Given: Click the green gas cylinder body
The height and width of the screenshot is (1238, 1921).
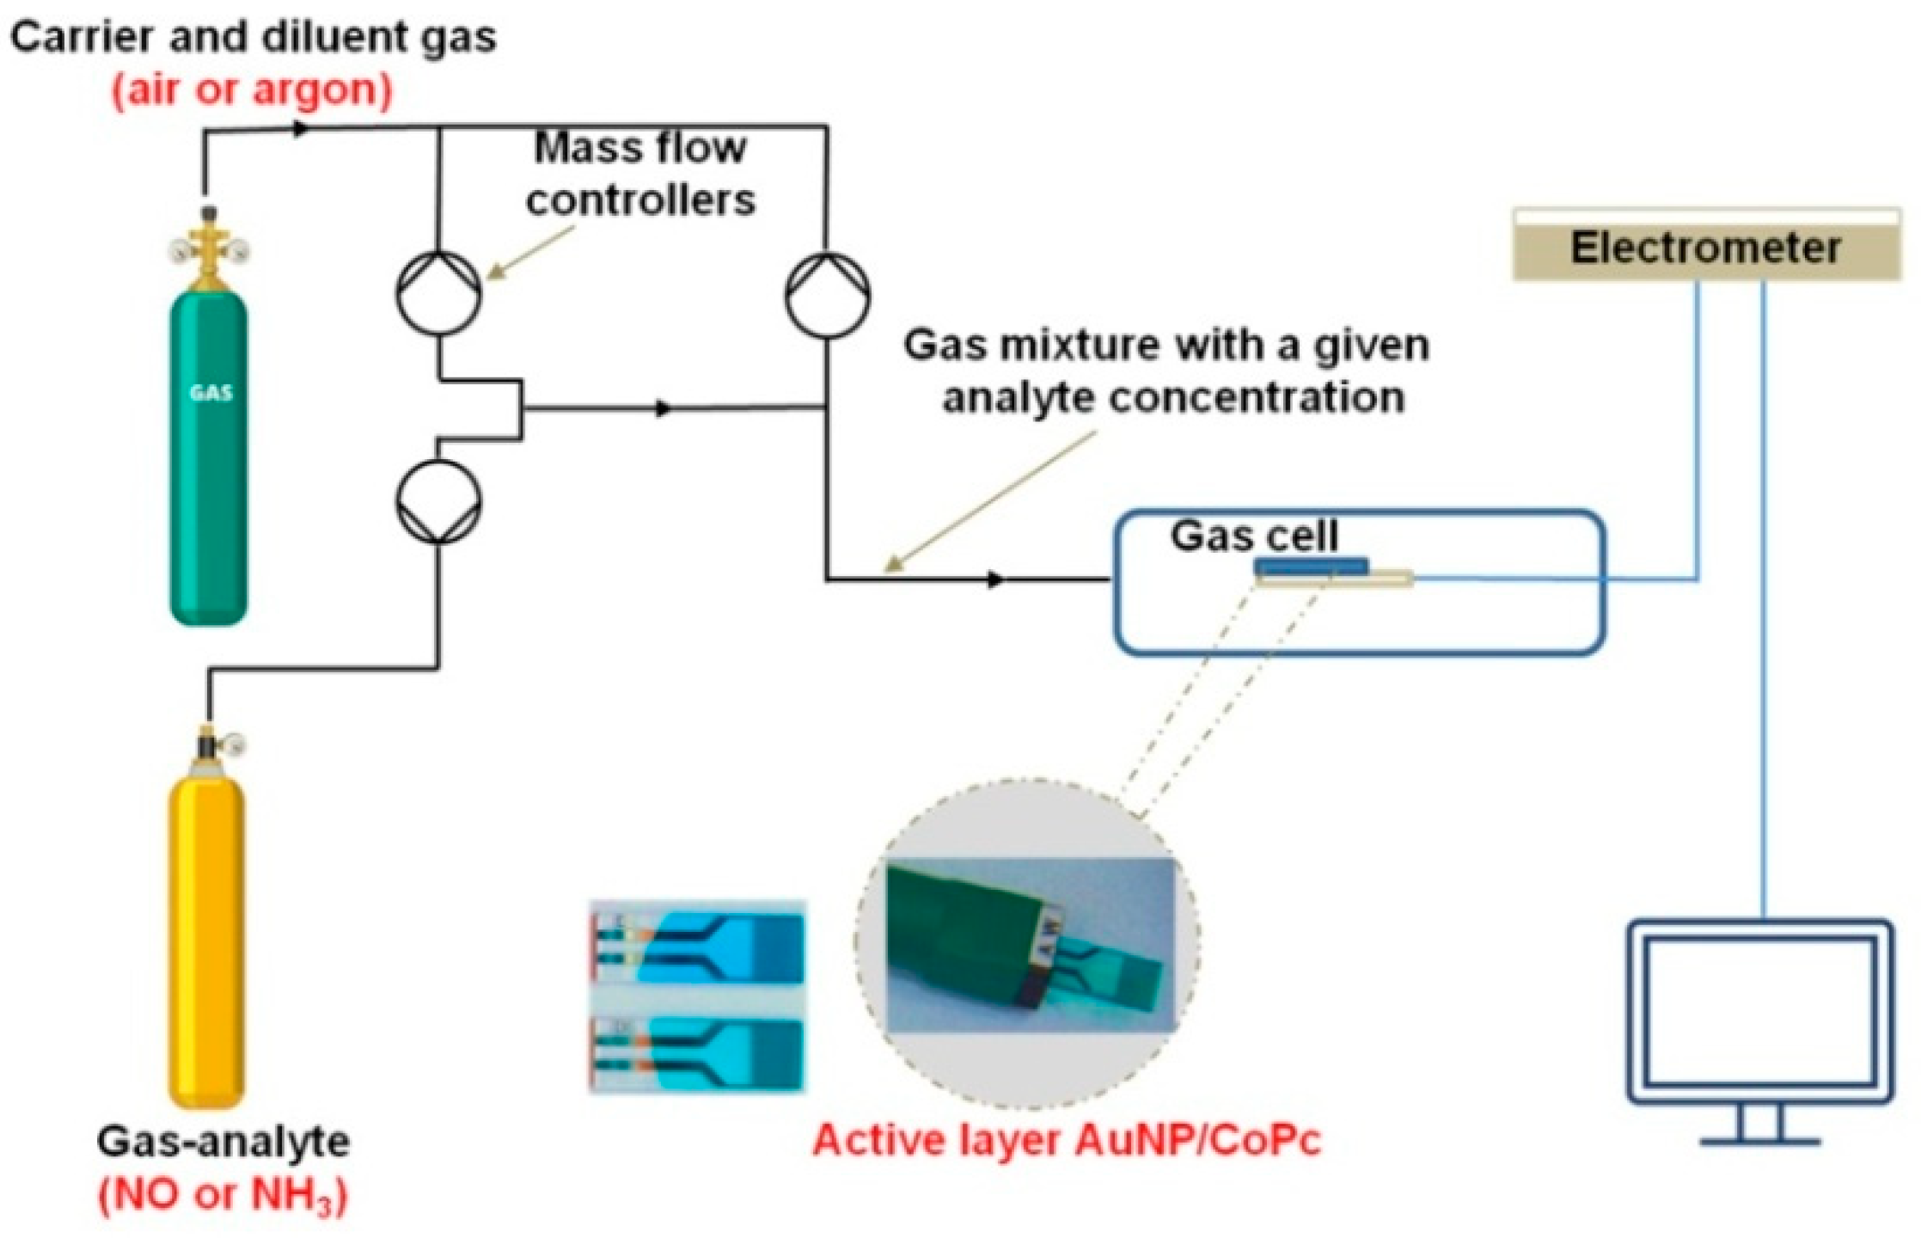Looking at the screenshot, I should pos(209,481).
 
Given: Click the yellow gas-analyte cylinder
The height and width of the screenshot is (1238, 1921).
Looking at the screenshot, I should pos(207,937).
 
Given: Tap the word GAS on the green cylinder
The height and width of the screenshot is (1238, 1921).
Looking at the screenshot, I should pos(211,393).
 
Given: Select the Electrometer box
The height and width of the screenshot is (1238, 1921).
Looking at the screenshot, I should pos(1705,248).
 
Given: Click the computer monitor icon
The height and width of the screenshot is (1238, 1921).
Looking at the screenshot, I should pos(1760,1014).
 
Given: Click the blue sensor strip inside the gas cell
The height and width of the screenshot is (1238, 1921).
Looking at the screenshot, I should pos(1311,566).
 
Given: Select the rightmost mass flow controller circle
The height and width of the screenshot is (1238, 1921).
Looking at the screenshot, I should pos(827,295).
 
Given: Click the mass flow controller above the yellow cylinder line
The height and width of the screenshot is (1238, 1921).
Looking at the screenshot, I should pos(438,501).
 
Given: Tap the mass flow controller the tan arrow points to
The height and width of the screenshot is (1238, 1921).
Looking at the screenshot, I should pos(438,292).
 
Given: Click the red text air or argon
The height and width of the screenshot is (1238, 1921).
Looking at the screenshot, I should pos(252,90).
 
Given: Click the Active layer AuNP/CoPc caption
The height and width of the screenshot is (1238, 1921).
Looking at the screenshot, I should pos(1066,1140).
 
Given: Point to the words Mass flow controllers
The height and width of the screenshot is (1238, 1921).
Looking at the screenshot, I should pos(640,174).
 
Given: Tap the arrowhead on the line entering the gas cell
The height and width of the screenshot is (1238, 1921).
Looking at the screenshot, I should pos(995,579).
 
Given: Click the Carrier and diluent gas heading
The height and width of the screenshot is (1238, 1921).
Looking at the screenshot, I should pos(254,38).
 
